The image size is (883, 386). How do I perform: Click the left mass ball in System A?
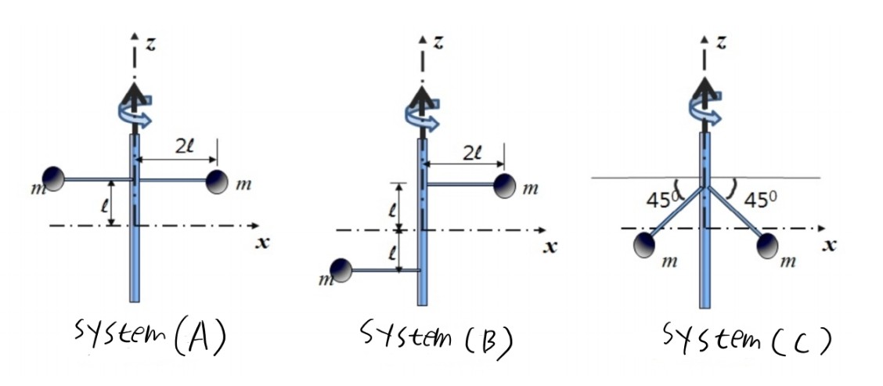pyautogui.click(x=53, y=179)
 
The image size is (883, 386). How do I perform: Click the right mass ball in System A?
pyautogui.click(x=217, y=181)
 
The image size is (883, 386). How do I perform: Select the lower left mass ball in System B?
pyautogui.click(x=341, y=271)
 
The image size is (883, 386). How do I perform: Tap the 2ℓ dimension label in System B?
pyautogui.click(x=473, y=153)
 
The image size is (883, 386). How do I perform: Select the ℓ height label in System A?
pyautogui.click(x=103, y=207)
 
